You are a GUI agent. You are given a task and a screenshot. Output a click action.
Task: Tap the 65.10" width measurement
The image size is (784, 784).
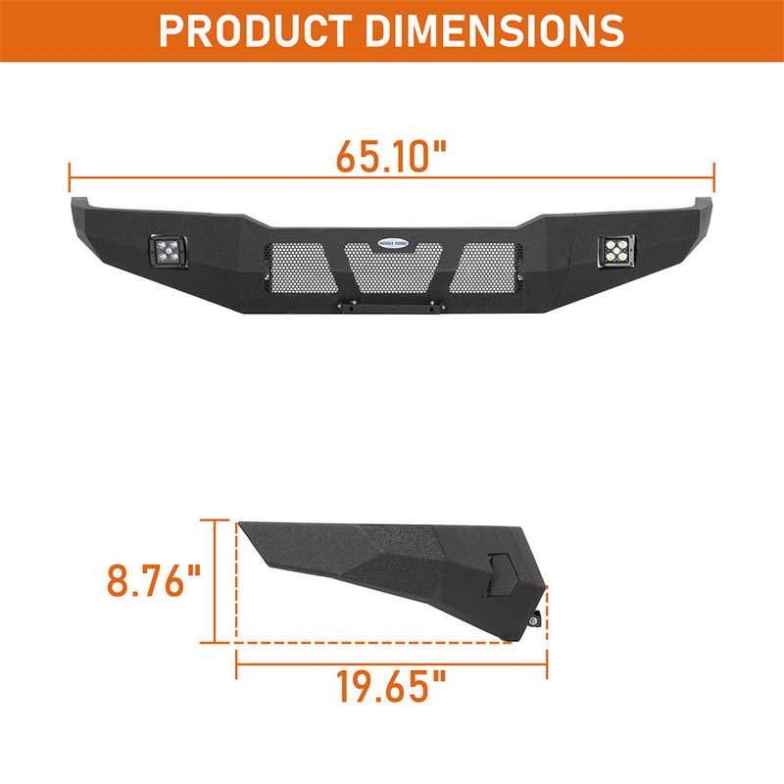click(x=391, y=156)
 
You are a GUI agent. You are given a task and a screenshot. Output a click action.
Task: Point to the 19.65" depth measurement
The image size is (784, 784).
click(x=391, y=687)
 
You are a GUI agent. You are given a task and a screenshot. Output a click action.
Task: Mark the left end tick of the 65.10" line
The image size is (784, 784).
click(x=70, y=177)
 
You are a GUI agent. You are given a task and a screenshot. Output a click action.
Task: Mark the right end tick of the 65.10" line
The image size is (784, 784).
click(x=714, y=177)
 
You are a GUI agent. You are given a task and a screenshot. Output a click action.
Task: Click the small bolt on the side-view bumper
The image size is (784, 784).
click(x=536, y=619)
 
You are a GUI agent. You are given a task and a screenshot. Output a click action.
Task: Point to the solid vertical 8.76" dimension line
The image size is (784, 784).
click(x=215, y=582)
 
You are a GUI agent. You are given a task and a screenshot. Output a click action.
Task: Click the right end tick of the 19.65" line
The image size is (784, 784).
click(x=547, y=666)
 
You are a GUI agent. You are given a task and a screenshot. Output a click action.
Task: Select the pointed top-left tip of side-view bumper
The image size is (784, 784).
click(x=241, y=523)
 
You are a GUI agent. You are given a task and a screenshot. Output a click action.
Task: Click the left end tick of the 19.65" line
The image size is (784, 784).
click(x=236, y=666)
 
